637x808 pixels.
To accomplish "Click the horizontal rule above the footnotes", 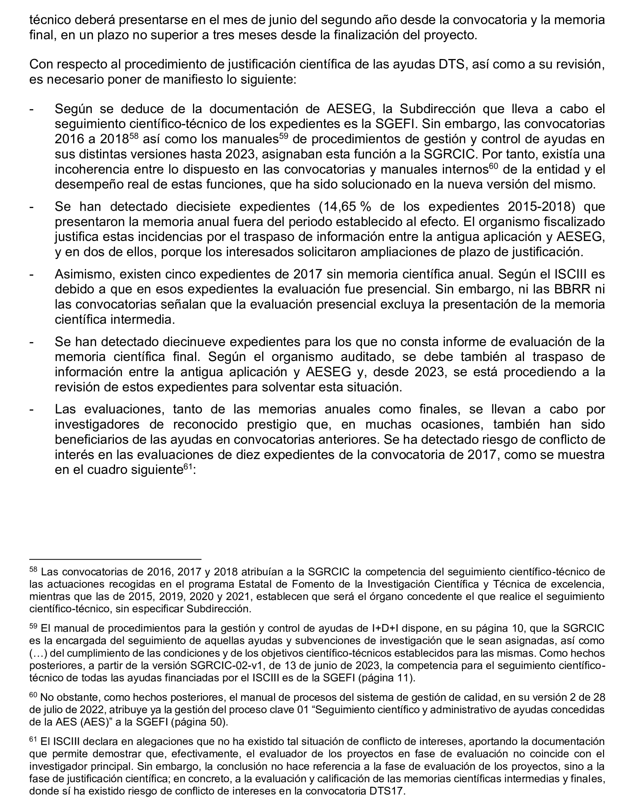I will [x=115, y=559].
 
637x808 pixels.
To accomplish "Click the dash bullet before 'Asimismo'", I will [x=32, y=275].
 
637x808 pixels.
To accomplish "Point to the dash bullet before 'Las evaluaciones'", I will [x=32, y=410].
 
